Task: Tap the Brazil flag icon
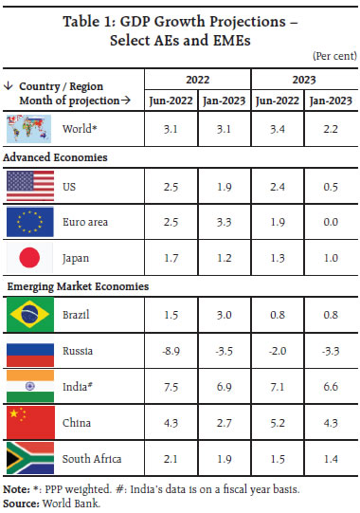coord(28,314)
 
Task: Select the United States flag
coord(28,184)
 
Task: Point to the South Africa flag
coord(28,458)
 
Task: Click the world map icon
coord(28,126)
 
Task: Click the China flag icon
coord(28,422)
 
